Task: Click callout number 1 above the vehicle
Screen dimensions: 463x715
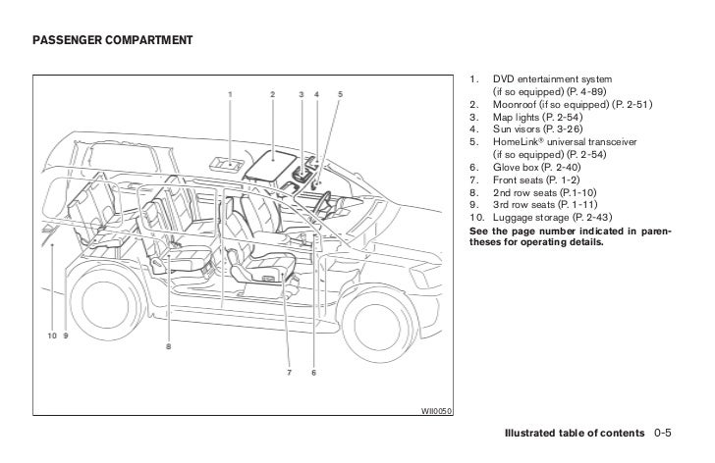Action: tap(230, 94)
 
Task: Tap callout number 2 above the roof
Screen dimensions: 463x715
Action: tap(272, 94)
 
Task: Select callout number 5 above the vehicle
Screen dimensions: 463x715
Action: tap(340, 94)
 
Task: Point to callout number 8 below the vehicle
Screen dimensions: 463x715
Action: tap(168, 345)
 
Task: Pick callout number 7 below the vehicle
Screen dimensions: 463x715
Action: tap(289, 373)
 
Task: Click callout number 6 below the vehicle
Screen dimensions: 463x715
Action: tap(312, 373)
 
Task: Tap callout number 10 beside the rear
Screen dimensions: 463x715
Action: tap(51, 335)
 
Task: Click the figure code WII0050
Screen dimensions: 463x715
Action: tap(435, 411)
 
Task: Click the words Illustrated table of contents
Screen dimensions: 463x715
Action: tap(575, 433)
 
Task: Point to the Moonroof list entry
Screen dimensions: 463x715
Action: tap(560, 104)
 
